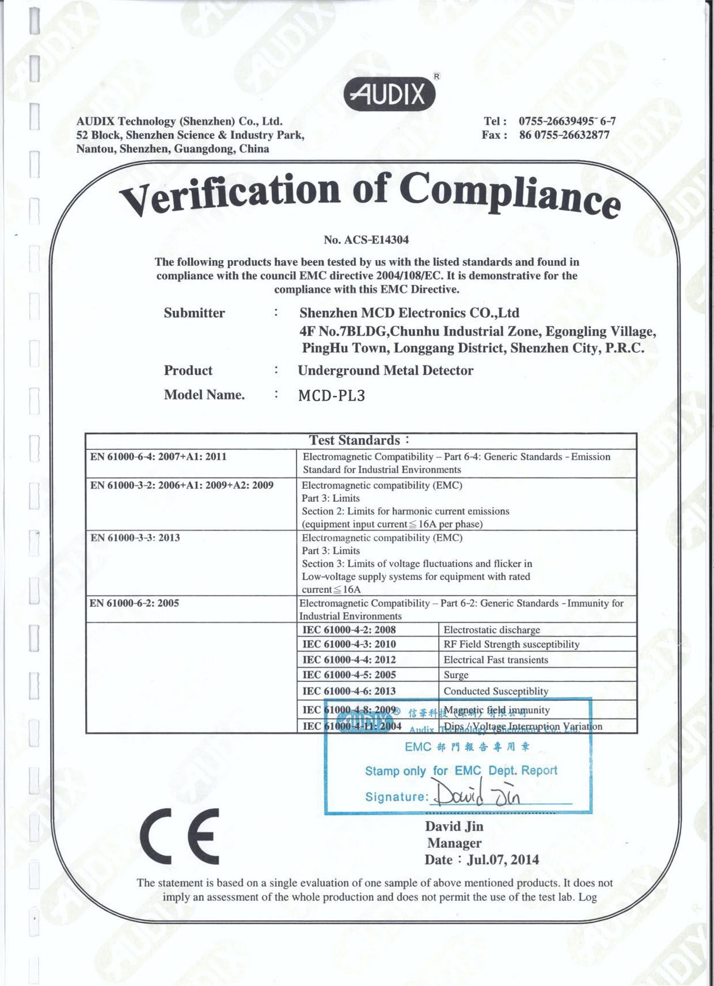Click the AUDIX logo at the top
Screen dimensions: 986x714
coord(390,93)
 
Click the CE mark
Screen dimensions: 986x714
coord(180,836)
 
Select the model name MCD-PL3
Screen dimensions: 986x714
coord(332,395)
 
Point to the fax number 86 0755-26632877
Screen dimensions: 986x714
coord(564,135)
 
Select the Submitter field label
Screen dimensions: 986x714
coord(194,313)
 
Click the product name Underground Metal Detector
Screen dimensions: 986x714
coord(385,371)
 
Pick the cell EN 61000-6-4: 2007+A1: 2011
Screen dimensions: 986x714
coord(158,457)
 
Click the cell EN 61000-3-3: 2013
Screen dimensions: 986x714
coord(135,538)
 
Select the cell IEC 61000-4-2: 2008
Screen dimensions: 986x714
coord(349,630)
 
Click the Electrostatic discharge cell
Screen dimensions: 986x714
coord(492,630)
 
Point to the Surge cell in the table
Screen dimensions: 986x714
coord(456,675)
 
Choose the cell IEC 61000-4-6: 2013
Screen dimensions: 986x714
coord(349,691)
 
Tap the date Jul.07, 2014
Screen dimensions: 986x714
coord(503,860)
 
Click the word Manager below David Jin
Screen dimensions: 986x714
coord(454,843)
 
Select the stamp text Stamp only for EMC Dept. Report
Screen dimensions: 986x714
coord(461,771)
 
